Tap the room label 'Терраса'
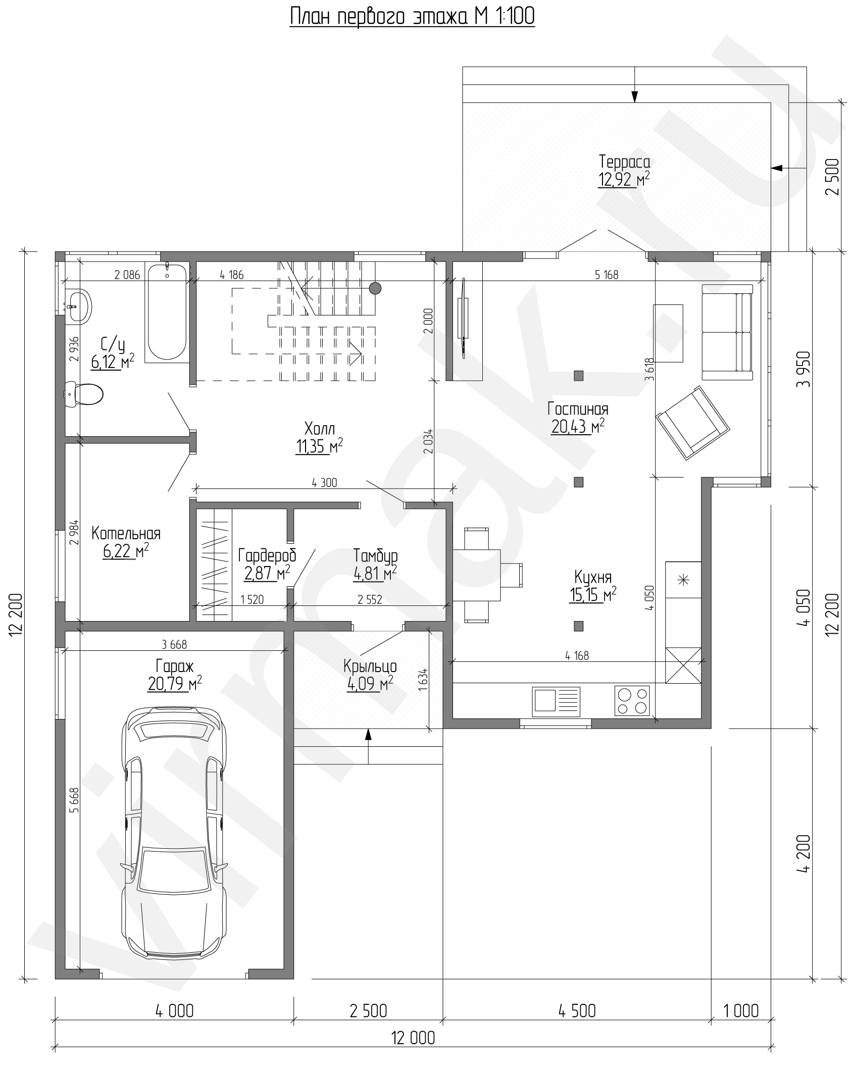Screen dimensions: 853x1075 click(624, 162)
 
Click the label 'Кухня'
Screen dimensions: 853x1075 click(593, 577)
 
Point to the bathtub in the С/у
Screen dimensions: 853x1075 click(167, 312)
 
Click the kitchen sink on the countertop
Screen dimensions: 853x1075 click(556, 701)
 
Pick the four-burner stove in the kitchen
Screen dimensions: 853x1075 click(632, 701)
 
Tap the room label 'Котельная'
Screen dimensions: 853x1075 click(126, 533)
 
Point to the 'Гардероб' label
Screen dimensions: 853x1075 click(267, 556)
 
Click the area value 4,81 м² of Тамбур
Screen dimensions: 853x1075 click(374, 574)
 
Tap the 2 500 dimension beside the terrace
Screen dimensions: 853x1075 click(833, 177)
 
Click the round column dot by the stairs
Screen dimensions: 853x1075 click(375, 288)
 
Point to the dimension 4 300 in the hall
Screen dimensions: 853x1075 click(325, 483)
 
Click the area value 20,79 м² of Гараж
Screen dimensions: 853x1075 click(175, 684)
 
